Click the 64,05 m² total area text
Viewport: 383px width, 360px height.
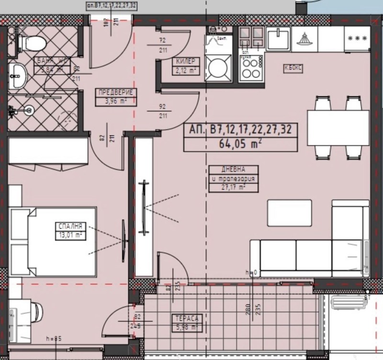coord(240,143)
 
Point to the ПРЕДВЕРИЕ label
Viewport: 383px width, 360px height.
coord(114,93)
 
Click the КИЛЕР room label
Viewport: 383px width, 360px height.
coord(185,62)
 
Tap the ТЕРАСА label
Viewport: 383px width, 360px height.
coord(187,318)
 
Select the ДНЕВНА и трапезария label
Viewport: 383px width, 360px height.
coord(234,174)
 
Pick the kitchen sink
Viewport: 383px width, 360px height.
coord(277,38)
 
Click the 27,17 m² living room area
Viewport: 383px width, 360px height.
coord(234,187)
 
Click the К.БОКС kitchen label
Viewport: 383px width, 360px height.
coord(293,68)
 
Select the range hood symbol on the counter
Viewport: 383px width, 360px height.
coord(305,38)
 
